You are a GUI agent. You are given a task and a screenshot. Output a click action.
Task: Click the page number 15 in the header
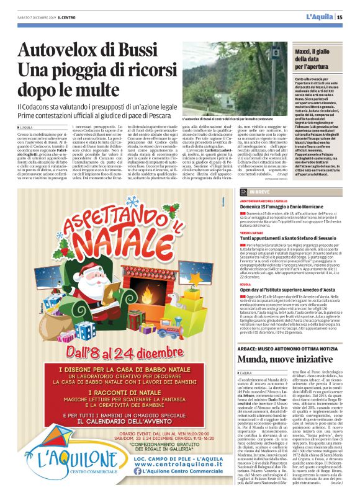349,17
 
